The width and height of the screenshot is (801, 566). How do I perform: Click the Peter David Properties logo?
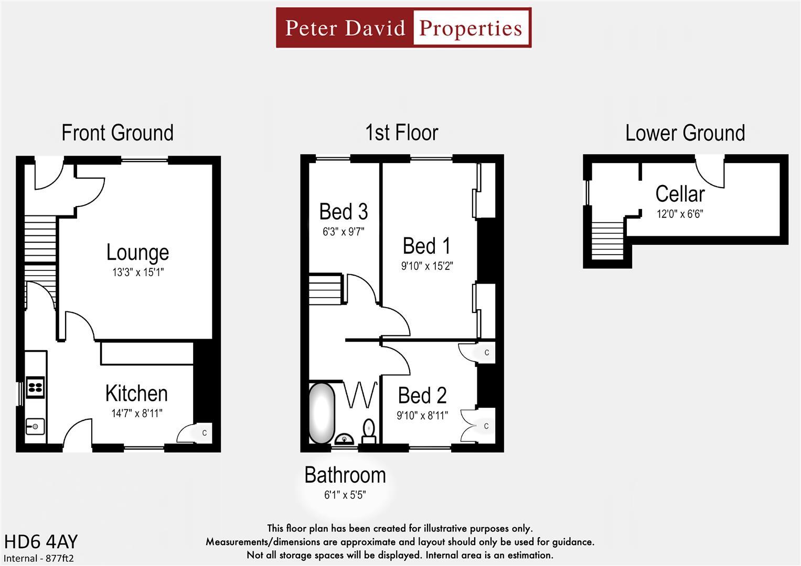point(403,28)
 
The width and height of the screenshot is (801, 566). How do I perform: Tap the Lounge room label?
point(137,253)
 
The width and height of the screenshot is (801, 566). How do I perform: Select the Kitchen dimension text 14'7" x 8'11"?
point(136,413)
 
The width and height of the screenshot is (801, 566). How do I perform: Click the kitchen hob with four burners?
point(35,387)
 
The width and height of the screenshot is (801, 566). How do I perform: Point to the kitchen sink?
point(35,427)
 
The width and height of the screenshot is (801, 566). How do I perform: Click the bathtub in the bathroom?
point(322,413)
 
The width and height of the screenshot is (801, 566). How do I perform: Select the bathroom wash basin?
point(344,439)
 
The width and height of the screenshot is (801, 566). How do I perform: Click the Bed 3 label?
point(344,212)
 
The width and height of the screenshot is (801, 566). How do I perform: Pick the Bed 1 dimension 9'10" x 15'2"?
point(426,266)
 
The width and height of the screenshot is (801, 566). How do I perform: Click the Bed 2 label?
point(422,396)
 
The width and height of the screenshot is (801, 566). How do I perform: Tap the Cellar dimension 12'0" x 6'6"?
point(679,214)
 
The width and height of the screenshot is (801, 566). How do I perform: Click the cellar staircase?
point(608,240)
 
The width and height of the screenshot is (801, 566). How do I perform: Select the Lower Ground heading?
point(685,133)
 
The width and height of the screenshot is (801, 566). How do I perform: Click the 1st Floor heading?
point(401,133)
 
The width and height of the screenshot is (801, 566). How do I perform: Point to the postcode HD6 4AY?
point(41,541)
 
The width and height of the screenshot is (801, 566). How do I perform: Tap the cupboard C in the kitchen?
point(204,433)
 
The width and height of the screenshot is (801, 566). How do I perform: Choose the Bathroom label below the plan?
point(345,475)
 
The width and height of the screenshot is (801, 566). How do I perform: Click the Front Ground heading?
point(118,133)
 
